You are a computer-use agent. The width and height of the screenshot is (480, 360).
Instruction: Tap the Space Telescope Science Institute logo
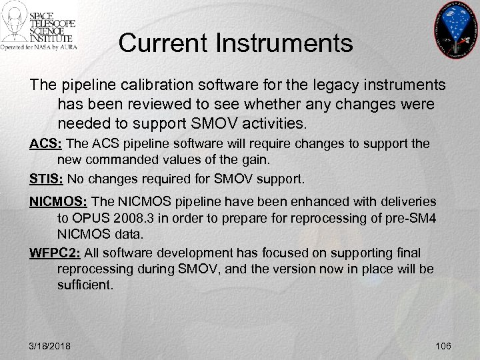tap(40, 27)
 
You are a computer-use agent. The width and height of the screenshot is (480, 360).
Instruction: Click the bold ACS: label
tap(45, 144)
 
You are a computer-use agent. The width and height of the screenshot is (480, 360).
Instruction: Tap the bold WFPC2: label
tap(53, 253)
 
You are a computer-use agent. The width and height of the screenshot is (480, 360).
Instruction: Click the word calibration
tap(139, 86)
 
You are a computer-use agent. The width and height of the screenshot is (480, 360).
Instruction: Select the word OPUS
tap(91, 219)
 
